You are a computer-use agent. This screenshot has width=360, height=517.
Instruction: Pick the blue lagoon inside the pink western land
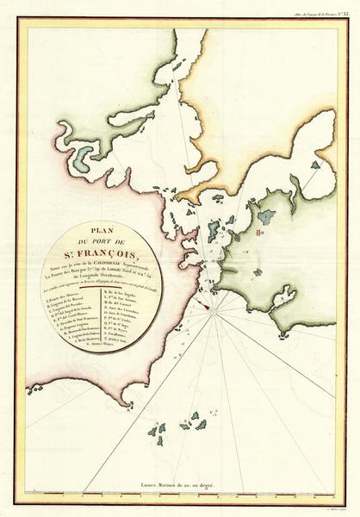tap(84, 158)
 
